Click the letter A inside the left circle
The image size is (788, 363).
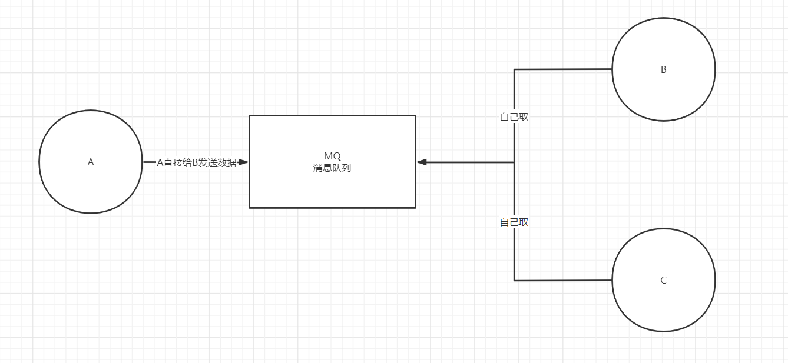click(91, 162)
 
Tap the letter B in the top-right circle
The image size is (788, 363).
click(663, 69)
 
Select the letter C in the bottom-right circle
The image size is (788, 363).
click(663, 280)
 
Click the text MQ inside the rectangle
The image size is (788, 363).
click(332, 156)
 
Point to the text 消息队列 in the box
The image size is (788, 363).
click(332, 168)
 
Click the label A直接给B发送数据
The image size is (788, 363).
click(197, 162)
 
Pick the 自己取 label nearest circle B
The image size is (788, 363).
click(514, 116)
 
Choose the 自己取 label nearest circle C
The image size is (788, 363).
click(514, 222)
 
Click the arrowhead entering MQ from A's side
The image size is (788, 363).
click(244, 162)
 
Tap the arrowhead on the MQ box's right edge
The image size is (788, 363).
click(421, 162)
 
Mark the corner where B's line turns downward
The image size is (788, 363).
click(514, 69)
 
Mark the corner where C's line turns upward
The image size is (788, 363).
click(514, 280)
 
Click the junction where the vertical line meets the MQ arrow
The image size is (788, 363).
click(514, 162)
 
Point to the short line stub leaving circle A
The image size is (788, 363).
click(149, 162)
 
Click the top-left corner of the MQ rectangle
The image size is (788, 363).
click(250, 116)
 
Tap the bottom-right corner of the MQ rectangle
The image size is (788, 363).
click(415, 207)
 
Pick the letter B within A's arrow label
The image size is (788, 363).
click(196, 162)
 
